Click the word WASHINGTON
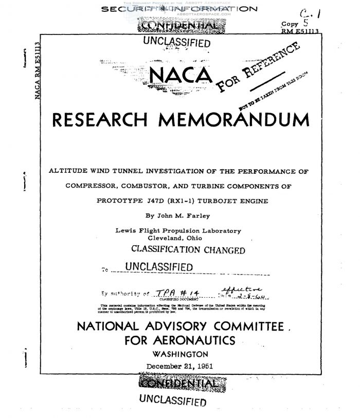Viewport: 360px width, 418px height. [x=181, y=354]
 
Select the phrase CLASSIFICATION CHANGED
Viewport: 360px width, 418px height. [x=188, y=250]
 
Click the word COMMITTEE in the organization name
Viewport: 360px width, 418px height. [x=264, y=326]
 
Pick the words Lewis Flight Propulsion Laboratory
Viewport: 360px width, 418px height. [x=178, y=231]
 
